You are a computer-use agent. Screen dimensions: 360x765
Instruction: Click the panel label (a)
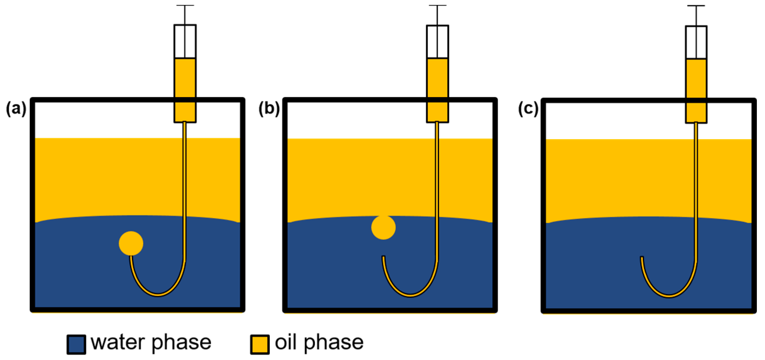coord(16,109)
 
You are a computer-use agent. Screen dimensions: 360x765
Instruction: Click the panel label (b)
coord(269,109)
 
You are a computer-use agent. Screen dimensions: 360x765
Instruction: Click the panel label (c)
coord(528,109)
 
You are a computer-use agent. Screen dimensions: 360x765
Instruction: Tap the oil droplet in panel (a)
coord(131,243)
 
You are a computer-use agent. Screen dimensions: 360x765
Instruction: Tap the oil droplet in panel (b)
coord(383,227)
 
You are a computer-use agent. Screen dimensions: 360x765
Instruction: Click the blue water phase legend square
coord(76,344)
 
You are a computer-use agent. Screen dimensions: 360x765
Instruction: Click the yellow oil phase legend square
coord(259,344)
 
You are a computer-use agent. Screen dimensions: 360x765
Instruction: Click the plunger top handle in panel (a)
coord(185,6)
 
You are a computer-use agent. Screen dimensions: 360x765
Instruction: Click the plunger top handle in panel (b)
coord(438,6)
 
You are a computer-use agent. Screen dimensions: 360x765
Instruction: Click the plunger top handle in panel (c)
coord(696,6)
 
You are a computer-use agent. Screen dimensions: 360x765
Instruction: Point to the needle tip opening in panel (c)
coord(642,258)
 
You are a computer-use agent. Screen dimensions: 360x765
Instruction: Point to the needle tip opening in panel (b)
coord(383,257)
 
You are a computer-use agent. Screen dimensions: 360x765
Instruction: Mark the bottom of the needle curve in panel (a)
coord(158,295)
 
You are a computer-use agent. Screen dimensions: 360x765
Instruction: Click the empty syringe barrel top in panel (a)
coord(185,41)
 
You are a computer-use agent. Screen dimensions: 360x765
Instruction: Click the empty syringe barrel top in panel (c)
coord(696,42)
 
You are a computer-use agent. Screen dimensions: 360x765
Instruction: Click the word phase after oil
coord(333,343)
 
